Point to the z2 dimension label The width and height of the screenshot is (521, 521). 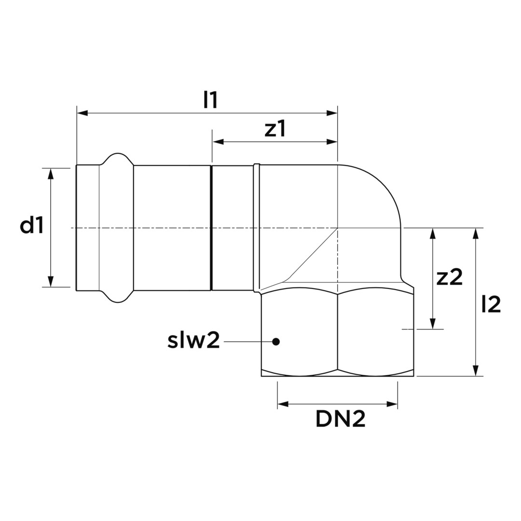pos(450,277)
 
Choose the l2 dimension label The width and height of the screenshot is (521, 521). pos(491,304)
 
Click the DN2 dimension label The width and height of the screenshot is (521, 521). pos(341,419)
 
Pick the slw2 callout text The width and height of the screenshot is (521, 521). pos(194,341)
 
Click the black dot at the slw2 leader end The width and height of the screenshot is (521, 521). pos(275,341)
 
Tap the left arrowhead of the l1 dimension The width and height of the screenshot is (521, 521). pos(82,113)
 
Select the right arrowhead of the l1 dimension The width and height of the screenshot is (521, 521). pos(332,113)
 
